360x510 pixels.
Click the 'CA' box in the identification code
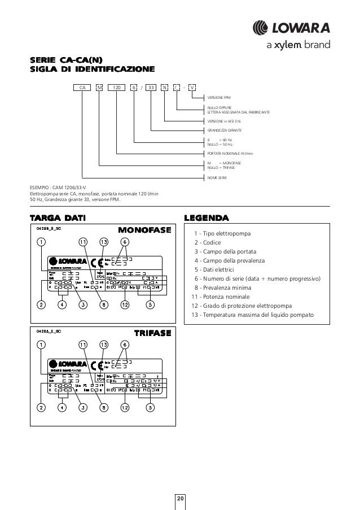pos(82,88)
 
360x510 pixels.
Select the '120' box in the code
pos(117,88)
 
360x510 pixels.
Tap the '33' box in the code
pos(151,88)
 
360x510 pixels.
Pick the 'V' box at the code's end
pos(192,88)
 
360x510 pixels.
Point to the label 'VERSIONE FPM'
pos(219,98)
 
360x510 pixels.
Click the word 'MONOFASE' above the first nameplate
pos(144,230)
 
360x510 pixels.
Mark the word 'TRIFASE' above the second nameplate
pos(151,333)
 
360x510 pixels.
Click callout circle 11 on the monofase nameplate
pos(83,242)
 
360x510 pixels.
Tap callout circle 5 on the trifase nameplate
pos(150,406)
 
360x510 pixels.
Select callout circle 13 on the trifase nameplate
pos(104,344)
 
